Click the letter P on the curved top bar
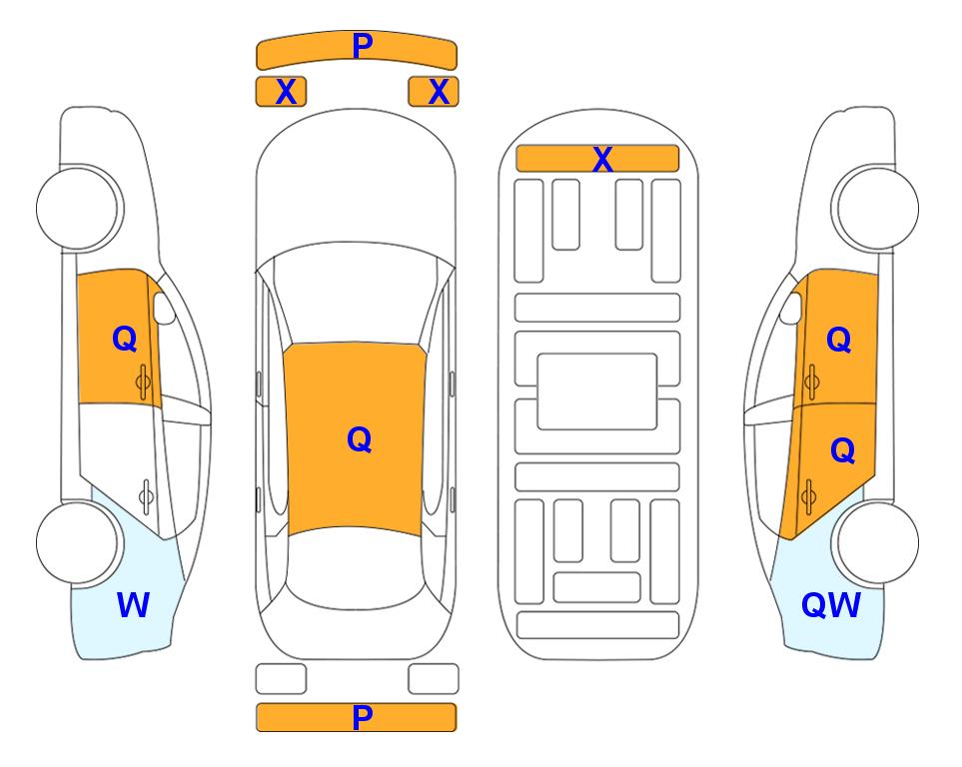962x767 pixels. pos(363,46)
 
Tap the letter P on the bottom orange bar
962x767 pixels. pos(363,717)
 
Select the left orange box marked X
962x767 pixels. pos(281,92)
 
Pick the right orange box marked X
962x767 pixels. pos(434,92)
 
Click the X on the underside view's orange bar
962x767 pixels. pos(602,160)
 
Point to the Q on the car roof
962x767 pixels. pos(359,439)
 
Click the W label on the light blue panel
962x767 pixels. pos(133,605)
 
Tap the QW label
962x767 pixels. pos(831,605)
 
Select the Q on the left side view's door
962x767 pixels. pos(125,339)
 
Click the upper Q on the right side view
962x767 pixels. pos(839,340)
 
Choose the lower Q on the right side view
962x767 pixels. pos(842,451)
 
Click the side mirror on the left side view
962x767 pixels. pos(163,308)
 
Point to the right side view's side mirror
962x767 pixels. pos(791,308)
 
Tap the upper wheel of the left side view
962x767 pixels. pos(78,209)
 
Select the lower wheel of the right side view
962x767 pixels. pos(877,542)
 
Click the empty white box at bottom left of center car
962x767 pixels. pos(281,679)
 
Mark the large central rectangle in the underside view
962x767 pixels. pos(597,391)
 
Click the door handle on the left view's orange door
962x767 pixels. pos(143,382)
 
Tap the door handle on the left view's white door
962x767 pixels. pos(146,495)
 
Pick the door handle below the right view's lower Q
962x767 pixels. pos(808,497)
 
